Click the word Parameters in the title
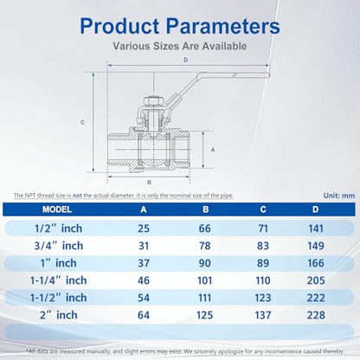pyautogui.click(x=223, y=26)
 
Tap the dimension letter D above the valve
pyautogui.click(x=186, y=60)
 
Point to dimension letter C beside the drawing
pyautogui.click(x=82, y=122)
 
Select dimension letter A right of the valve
pyautogui.click(x=213, y=150)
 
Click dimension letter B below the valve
pyautogui.click(x=149, y=183)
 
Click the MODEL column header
pyautogui.click(x=57, y=209)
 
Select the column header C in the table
pyautogui.click(x=263, y=209)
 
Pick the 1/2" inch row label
pyautogui.click(x=59, y=228)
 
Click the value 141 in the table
pyautogui.click(x=316, y=228)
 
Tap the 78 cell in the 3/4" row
pyautogui.click(x=204, y=246)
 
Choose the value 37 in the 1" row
pyautogui.click(x=144, y=263)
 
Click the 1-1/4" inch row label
pyautogui.click(x=59, y=280)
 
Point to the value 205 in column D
pyautogui.click(x=316, y=280)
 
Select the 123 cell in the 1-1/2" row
pyautogui.click(x=263, y=298)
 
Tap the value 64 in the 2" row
pyautogui.click(x=144, y=315)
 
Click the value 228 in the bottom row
pyautogui.click(x=316, y=315)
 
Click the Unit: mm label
pyautogui.click(x=339, y=196)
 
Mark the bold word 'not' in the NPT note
pyautogui.click(x=77, y=196)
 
